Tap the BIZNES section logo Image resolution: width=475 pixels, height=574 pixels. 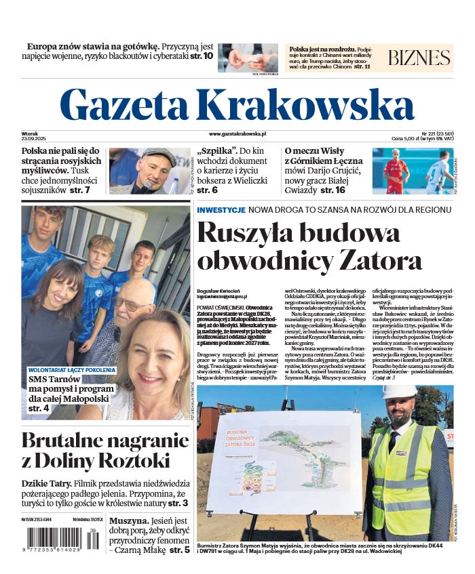coord(419,58)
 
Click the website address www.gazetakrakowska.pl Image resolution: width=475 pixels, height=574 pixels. coord(237,135)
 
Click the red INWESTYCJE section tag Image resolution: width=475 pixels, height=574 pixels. coord(221,210)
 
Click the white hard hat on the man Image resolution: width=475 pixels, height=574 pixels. coord(398,392)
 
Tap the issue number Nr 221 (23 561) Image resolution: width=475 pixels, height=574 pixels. coord(436,133)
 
